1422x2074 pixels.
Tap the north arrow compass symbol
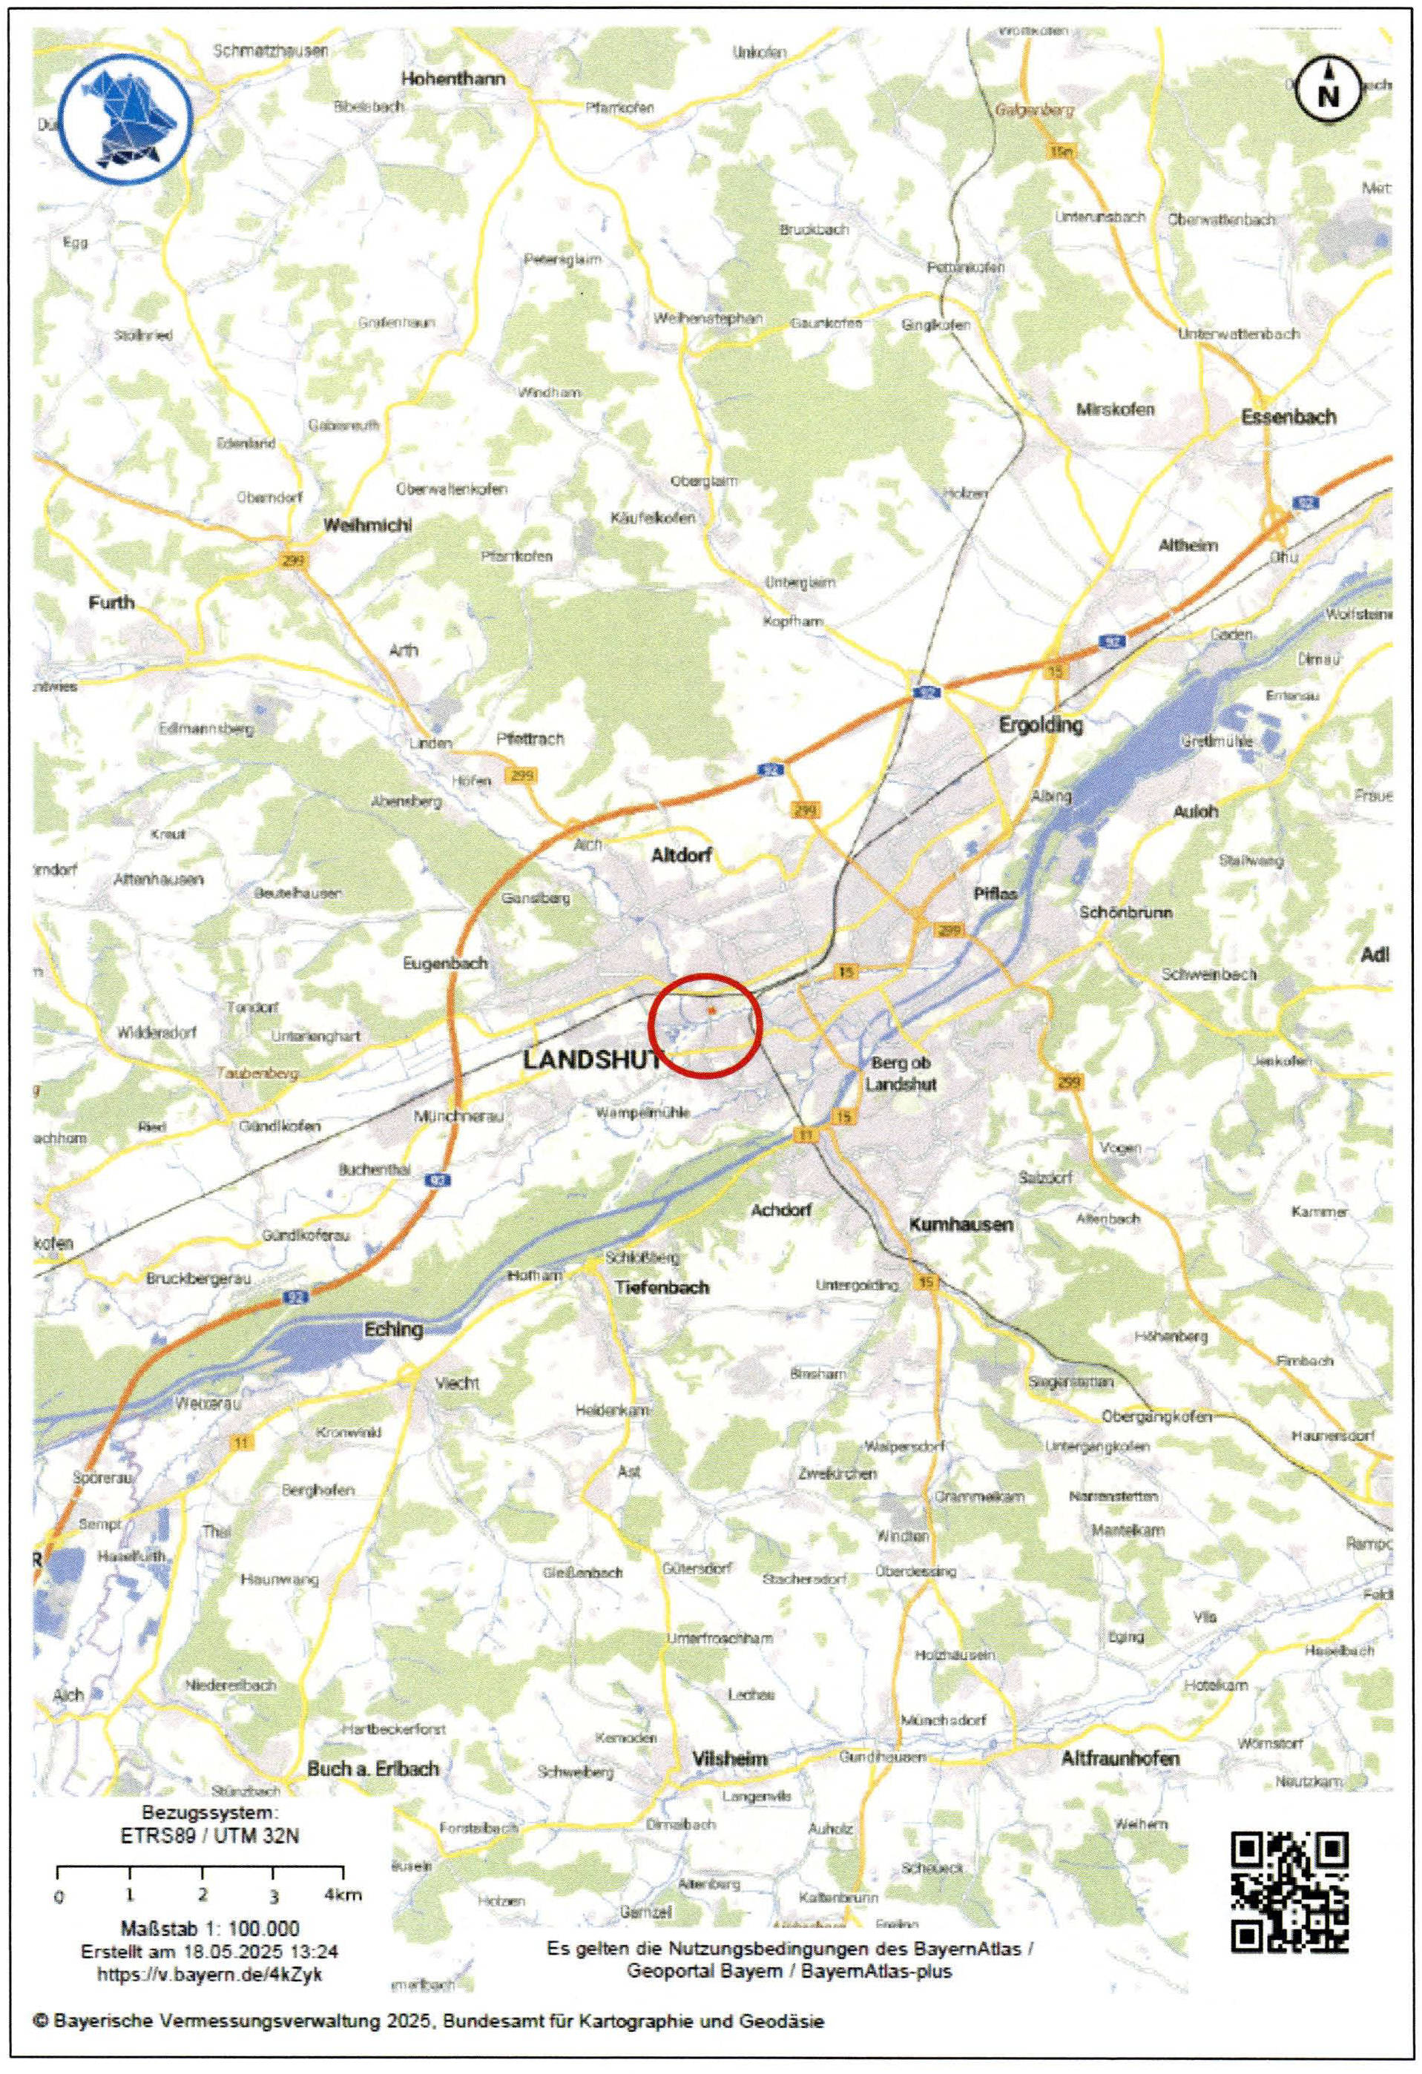[x=1329, y=91]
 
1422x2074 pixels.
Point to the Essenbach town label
[x=1289, y=417]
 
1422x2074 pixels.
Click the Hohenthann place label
[x=452, y=79]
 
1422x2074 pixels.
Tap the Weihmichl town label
[x=367, y=525]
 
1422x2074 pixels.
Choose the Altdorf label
[x=681, y=855]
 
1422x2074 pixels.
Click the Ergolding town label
[x=1040, y=724]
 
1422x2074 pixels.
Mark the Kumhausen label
[x=961, y=1224]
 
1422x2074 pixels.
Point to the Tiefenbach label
[x=662, y=1286]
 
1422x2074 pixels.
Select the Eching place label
[x=392, y=1329]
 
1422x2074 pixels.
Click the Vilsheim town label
[x=729, y=1758]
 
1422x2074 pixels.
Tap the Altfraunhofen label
[x=1119, y=1758]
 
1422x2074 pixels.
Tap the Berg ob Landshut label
[x=901, y=1073]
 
